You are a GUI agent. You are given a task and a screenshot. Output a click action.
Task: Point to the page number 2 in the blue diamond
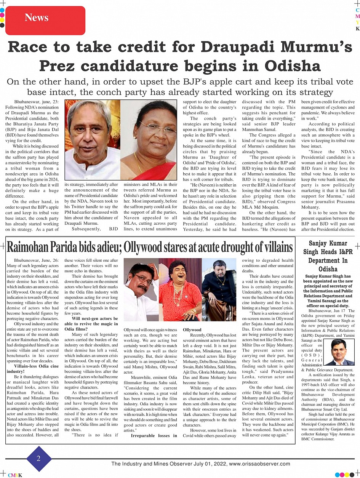pyautogui.click(x=38, y=459)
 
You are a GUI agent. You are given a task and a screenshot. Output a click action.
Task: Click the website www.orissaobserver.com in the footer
pyautogui.click(x=259, y=464)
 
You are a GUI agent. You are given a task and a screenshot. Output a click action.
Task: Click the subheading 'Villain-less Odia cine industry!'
pyautogui.click(x=34, y=368)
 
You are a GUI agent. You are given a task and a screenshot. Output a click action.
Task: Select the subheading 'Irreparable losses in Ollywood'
pyautogui.click(x=154, y=438)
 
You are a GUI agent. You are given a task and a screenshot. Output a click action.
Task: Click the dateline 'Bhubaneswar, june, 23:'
pyautogui.click(x=36, y=102)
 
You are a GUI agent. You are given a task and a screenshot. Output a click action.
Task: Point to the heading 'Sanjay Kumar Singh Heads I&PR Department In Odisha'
pyautogui.click(x=328, y=256)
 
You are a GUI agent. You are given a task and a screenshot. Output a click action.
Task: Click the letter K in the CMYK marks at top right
pyautogui.click(x=357, y=29)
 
